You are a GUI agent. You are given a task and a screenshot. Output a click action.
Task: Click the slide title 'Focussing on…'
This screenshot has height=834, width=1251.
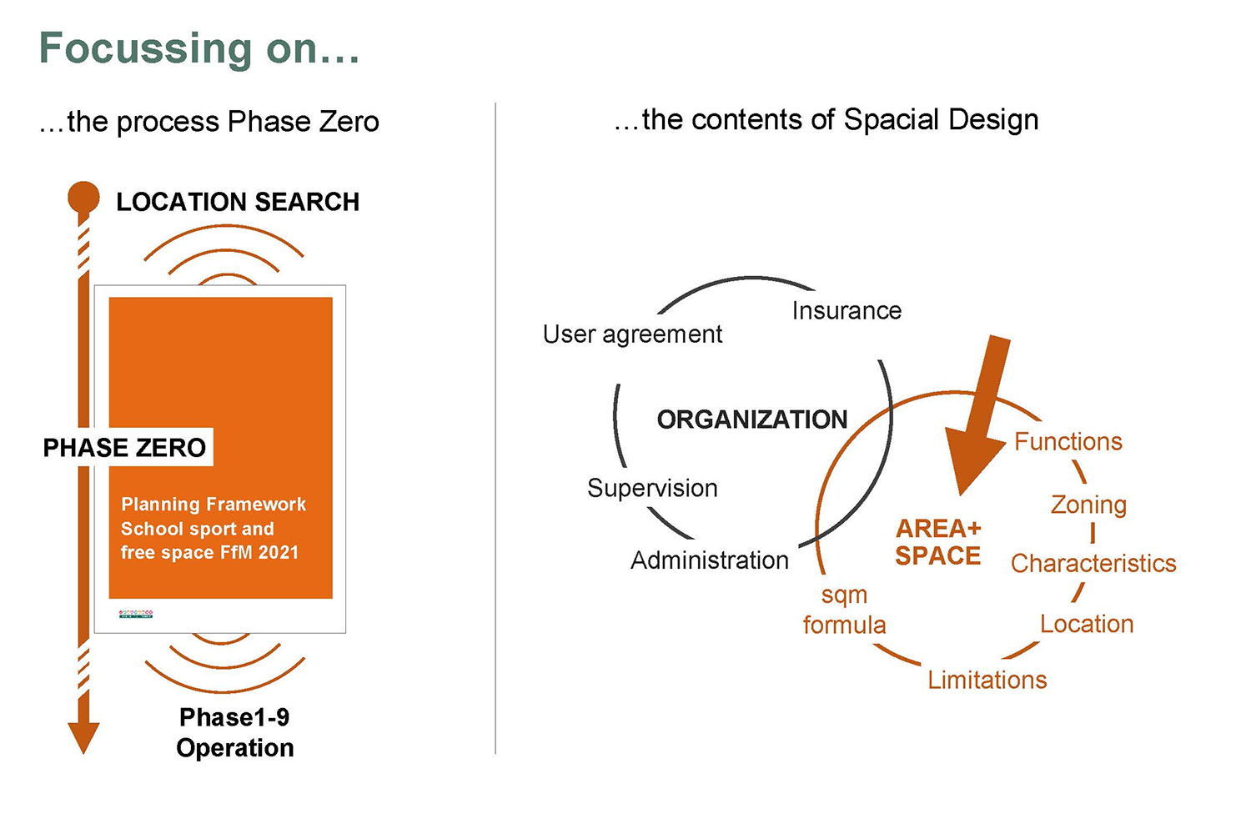(x=198, y=49)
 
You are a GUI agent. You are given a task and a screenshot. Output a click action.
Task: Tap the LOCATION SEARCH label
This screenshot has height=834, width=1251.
(x=238, y=202)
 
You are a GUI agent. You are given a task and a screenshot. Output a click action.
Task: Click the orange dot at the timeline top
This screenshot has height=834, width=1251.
(x=83, y=197)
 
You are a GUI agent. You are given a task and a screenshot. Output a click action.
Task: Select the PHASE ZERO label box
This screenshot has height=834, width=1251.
(x=125, y=448)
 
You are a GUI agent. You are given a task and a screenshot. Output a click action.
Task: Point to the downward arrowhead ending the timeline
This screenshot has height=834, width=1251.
(x=83, y=737)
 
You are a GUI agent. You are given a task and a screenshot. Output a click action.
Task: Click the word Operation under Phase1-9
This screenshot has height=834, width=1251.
(x=235, y=748)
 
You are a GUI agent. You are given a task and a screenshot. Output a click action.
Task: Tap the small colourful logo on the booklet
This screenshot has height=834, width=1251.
(x=136, y=615)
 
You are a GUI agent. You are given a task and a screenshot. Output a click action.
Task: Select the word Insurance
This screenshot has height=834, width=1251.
(x=847, y=310)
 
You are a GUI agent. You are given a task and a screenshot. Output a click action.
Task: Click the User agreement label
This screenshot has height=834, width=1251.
(x=633, y=334)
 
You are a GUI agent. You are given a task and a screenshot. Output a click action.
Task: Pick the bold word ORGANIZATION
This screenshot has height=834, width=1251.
(x=752, y=420)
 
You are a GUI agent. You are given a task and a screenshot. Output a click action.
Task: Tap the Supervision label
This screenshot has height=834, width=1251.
(x=652, y=488)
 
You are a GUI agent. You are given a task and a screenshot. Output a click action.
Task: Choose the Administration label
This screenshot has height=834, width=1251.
(x=710, y=560)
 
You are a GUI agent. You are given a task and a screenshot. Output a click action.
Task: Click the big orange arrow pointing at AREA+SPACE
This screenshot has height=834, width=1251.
(x=978, y=414)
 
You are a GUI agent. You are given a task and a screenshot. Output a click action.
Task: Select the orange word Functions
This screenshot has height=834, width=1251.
(x=1068, y=442)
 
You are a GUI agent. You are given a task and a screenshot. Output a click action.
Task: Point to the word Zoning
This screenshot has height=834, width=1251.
(x=1089, y=505)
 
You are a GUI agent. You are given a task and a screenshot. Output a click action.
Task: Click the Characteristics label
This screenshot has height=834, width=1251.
(x=1093, y=563)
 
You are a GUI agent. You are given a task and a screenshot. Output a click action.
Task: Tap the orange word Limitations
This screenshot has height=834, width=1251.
(x=987, y=681)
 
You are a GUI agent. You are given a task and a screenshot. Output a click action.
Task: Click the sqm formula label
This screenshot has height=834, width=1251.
(x=844, y=610)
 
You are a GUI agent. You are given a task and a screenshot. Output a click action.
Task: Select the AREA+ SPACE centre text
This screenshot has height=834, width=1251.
(x=938, y=542)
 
